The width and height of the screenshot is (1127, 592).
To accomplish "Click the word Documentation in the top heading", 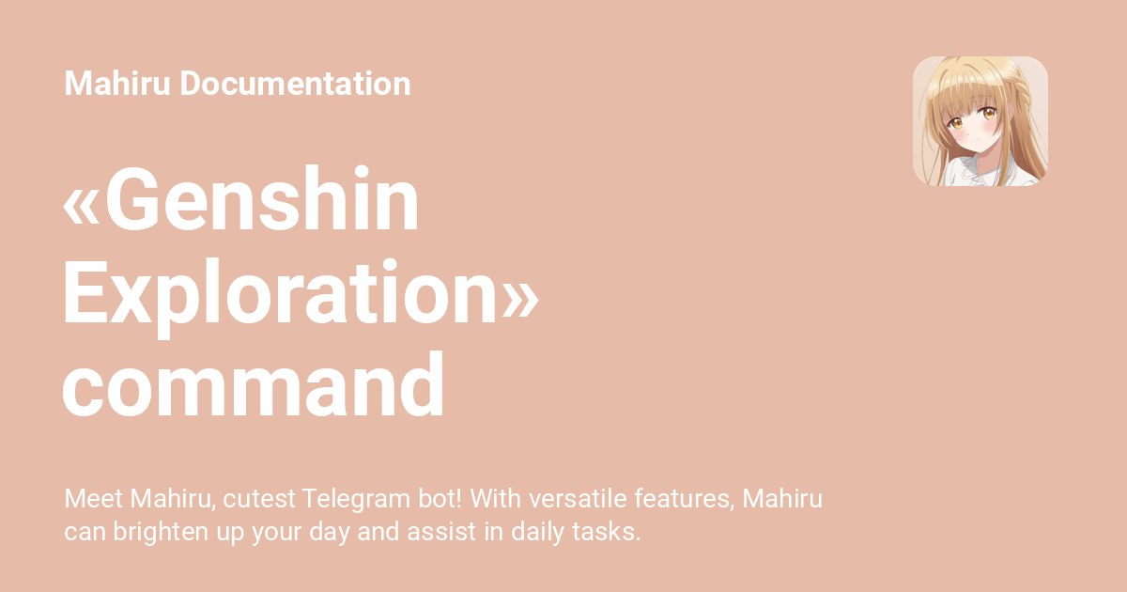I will [295, 84].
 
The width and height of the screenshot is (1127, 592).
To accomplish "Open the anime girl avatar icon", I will [980, 121].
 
